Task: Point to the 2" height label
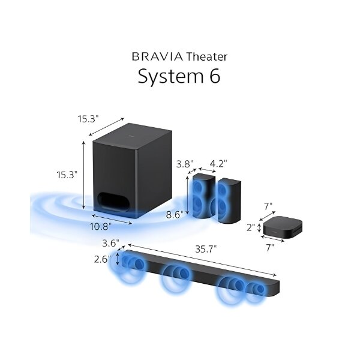250,228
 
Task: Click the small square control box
282,227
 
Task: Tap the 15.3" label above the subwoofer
87,119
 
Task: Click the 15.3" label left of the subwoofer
67,175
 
